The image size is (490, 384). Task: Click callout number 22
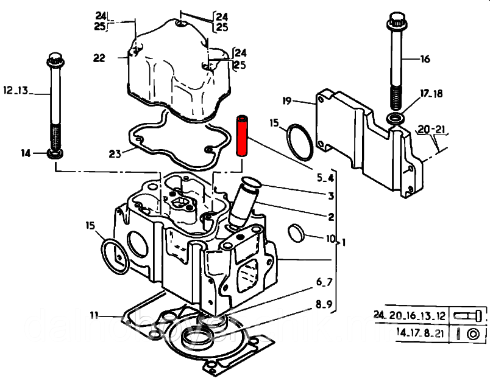[x=99, y=58]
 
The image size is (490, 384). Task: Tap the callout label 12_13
[x=16, y=91]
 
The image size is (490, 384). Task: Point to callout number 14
[x=26, y=153]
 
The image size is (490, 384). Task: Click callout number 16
[x=425, y=59]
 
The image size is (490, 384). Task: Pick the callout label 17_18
[x=430, y=93]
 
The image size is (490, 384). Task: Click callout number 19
[x=289, y=100]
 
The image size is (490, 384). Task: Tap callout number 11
[x=94, y=315]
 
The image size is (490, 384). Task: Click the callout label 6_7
[x=324, y=282]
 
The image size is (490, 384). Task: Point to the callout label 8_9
[x=324, y=304]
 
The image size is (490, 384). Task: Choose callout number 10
[x=331, y=238]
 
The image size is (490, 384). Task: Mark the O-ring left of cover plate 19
[x=300, y=139]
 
